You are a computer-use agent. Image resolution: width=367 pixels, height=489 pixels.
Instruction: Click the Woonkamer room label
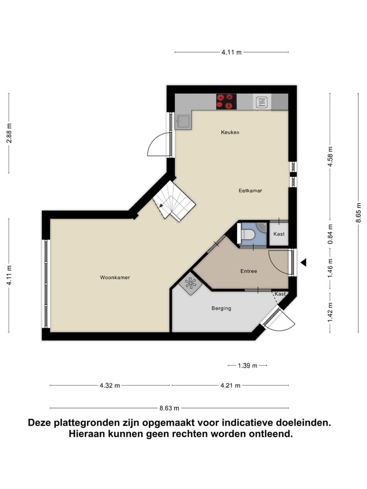click(115, 278)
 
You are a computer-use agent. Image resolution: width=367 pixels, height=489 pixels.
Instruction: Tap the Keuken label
click(230, 132)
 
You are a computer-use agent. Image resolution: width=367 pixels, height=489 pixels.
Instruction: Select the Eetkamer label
click(250, 191)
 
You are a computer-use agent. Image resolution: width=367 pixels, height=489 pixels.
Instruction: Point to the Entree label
click(249, 271)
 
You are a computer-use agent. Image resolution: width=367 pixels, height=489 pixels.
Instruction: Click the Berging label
click(221, 308)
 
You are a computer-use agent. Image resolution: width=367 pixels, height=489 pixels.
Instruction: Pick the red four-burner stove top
click(226, 101)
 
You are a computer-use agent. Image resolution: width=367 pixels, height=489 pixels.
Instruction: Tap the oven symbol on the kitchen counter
click(261, 102)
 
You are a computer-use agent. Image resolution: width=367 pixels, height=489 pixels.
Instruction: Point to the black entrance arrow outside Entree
click(303, 263)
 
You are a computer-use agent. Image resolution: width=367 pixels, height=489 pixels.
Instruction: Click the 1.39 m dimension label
click(247, 365)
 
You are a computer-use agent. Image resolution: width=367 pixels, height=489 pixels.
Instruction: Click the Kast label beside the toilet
click(279, 234)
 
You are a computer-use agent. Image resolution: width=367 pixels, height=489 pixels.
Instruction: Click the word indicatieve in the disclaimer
click(244, 423)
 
